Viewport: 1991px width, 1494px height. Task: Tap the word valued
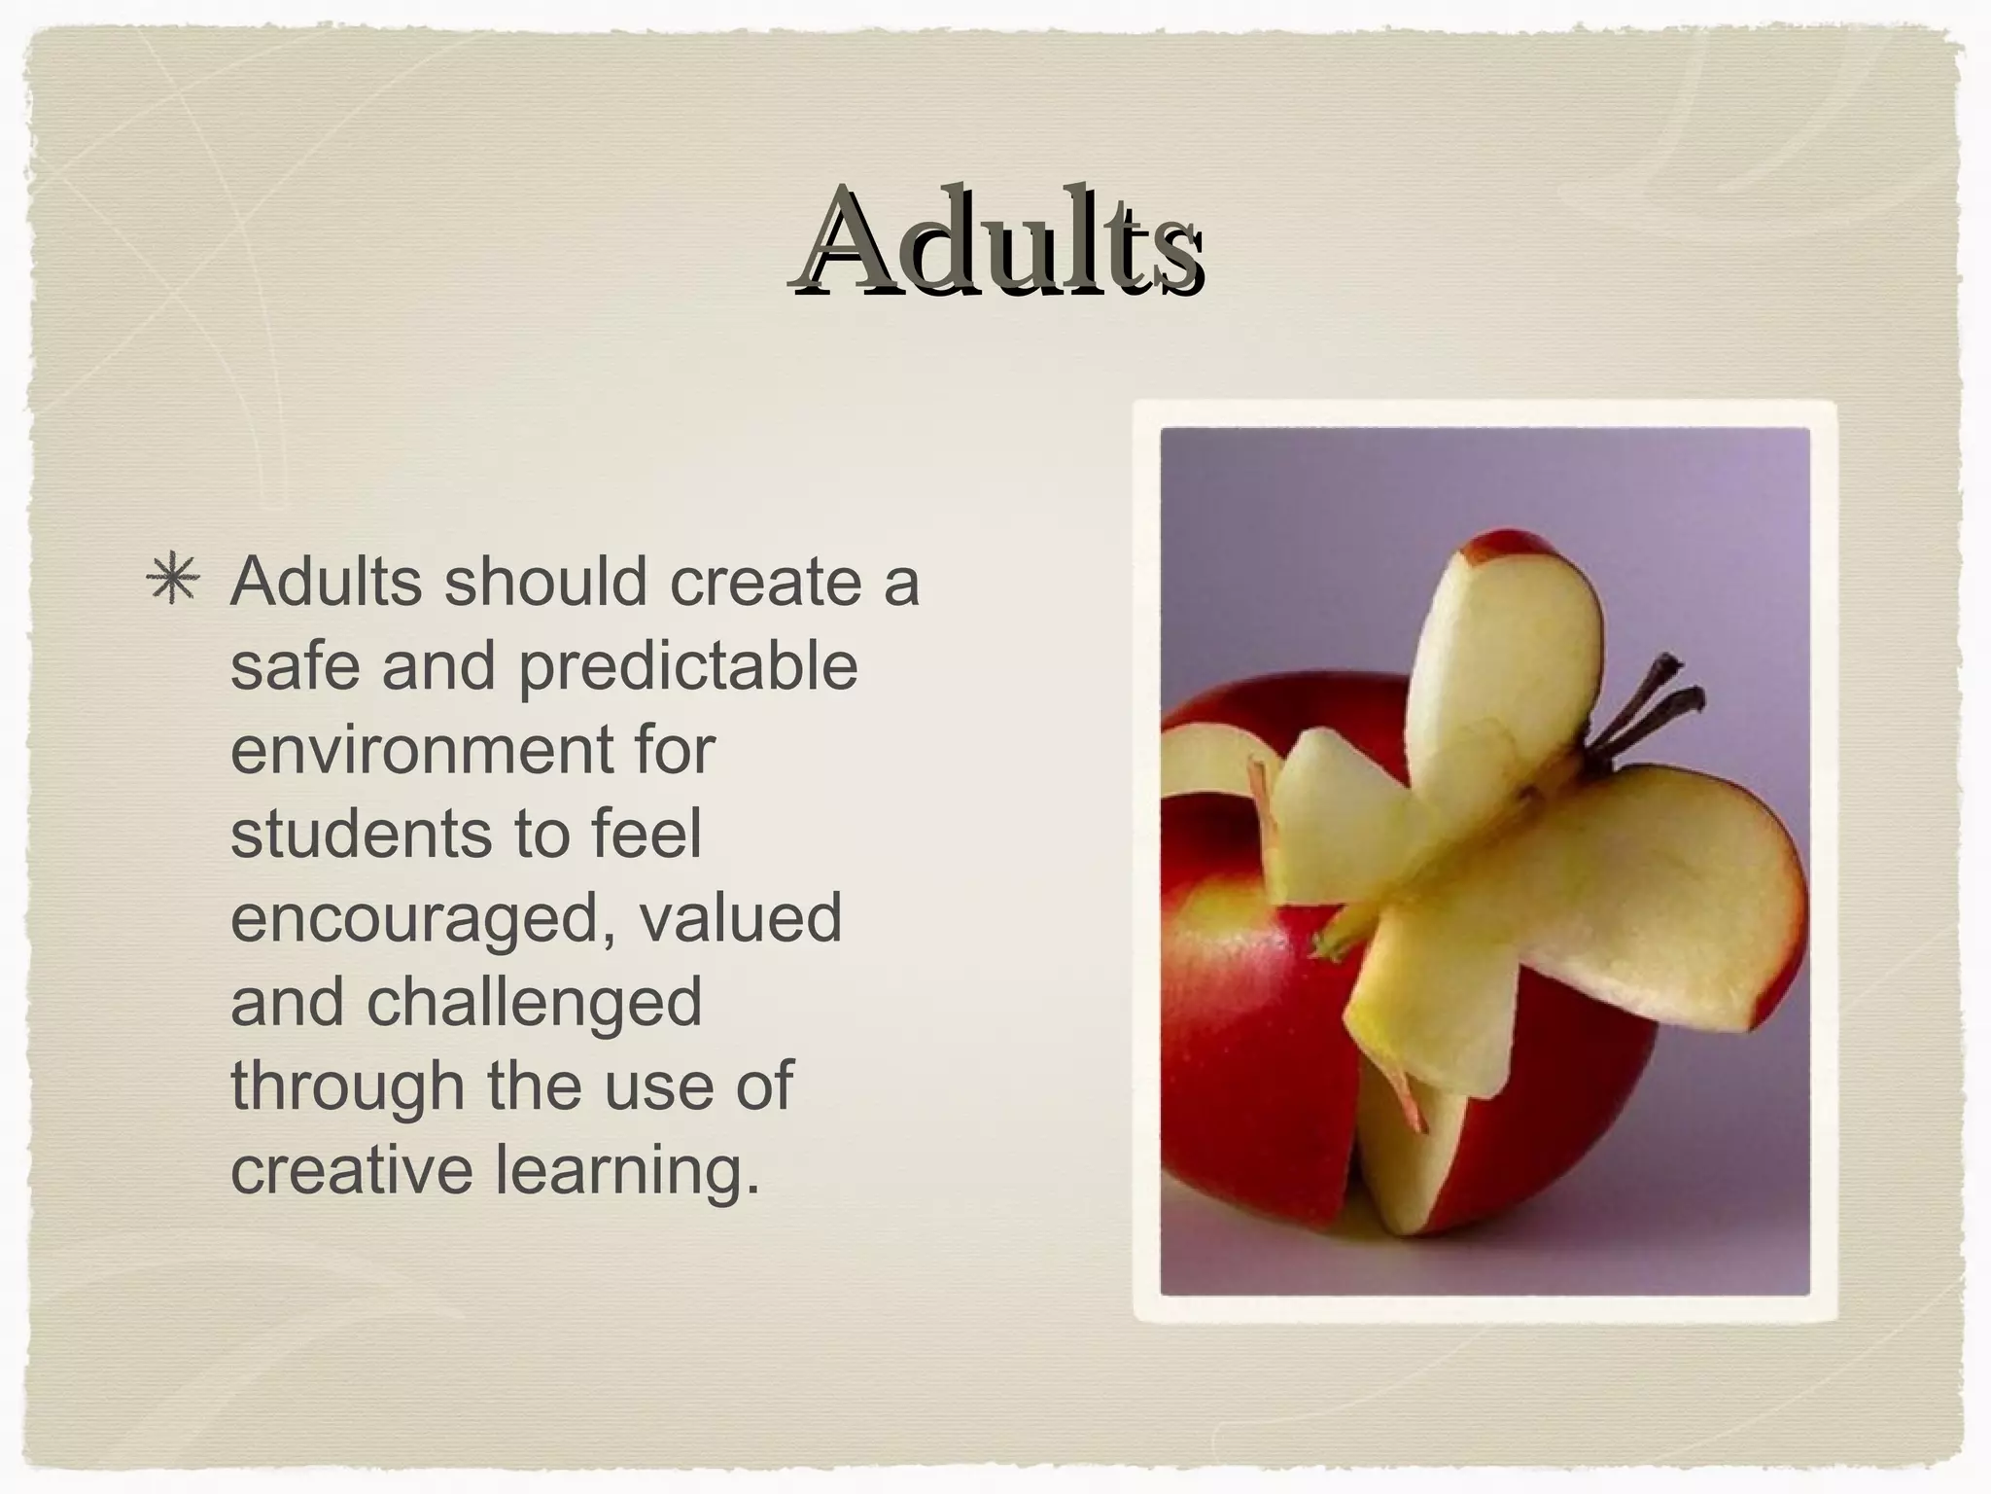[741, 918]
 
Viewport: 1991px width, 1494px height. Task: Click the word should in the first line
[545, 582]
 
